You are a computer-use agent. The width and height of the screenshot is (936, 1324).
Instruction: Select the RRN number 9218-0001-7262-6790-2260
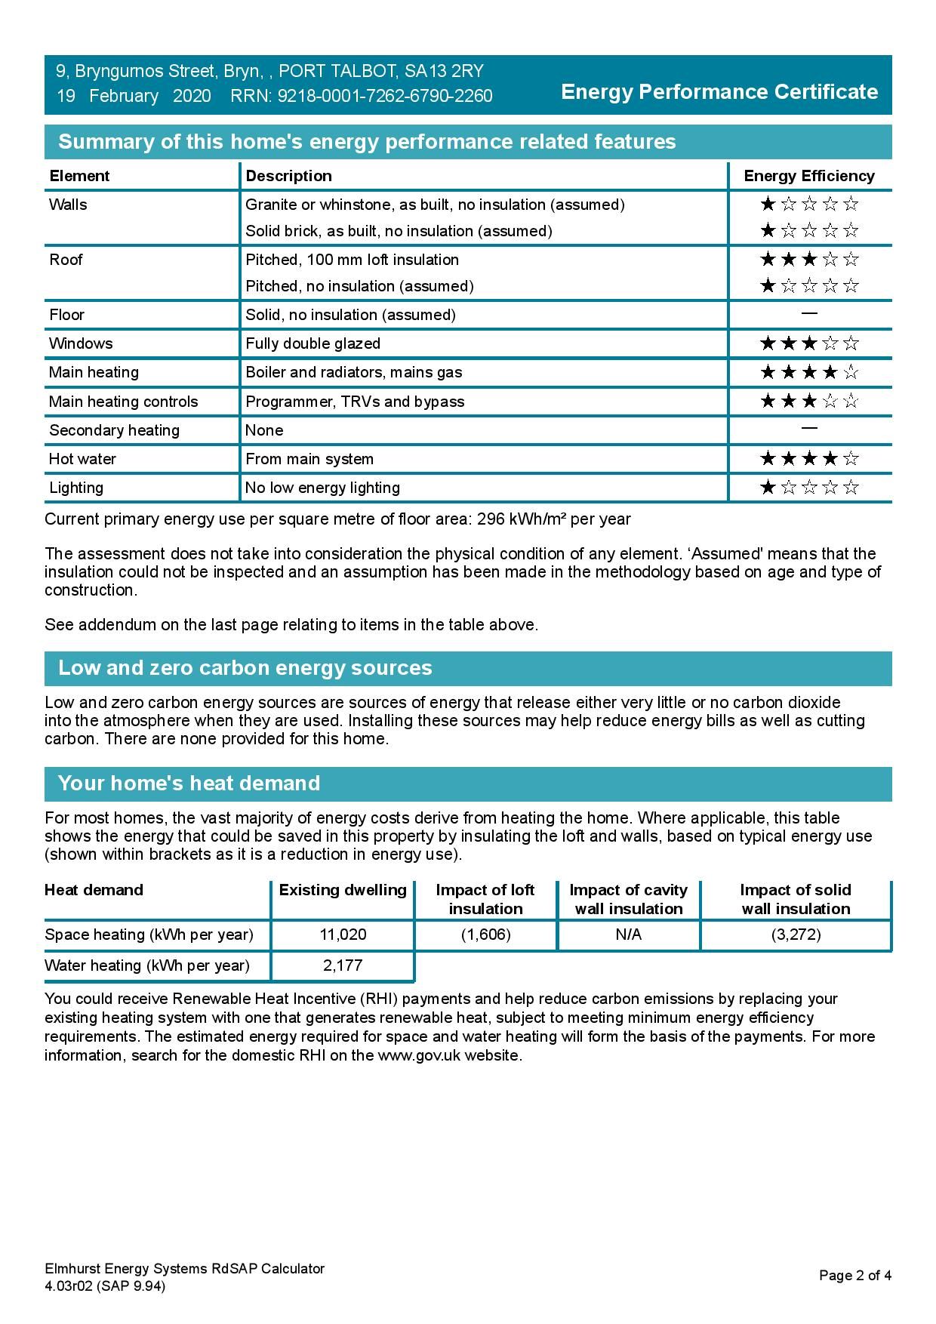pyautogui.click(x=385, y=96)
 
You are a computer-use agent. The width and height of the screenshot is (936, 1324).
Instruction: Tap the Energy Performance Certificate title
pyautogui.click(x=719, y=92)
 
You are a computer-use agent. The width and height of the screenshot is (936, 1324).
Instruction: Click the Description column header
pyautogui.click(x=288, y=176)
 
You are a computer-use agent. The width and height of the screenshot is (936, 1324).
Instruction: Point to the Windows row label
pyautogui.click(x=81, y=343)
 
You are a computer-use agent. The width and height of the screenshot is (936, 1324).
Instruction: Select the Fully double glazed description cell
pyautogui.click(x=313, y=343)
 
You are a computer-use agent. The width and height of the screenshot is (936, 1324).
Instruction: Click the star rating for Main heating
pyautogui.click(x=809, y=372)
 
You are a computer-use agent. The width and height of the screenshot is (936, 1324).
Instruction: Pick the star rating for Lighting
pyautogui.click(x=809, y=488)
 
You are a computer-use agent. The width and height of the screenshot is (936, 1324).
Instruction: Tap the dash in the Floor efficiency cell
pyautogui.click(x=809, y=313)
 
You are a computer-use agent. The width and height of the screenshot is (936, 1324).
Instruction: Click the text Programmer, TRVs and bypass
pyautogui.click(x=355, y=402)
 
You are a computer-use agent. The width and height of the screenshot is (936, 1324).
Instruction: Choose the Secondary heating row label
pyautogui.click(x=114, y=430)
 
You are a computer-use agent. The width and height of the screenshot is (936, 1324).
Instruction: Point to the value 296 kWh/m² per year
pyautogui.click(x=554, y=519)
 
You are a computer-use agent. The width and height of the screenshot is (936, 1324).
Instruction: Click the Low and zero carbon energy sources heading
pyautogui.click(x=245, y=668)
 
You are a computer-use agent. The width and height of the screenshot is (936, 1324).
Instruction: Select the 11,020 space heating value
pyautogui.click(x=343, y=934)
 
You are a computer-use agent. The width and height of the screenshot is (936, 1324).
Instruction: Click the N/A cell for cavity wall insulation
pyautogui.click(x=628, y=934)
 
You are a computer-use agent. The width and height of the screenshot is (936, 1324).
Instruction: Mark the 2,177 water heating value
pyautogui.click(x=343, y=965)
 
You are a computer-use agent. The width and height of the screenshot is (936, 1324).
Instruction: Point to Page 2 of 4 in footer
pyautogui.click(x=855, y=1276)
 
